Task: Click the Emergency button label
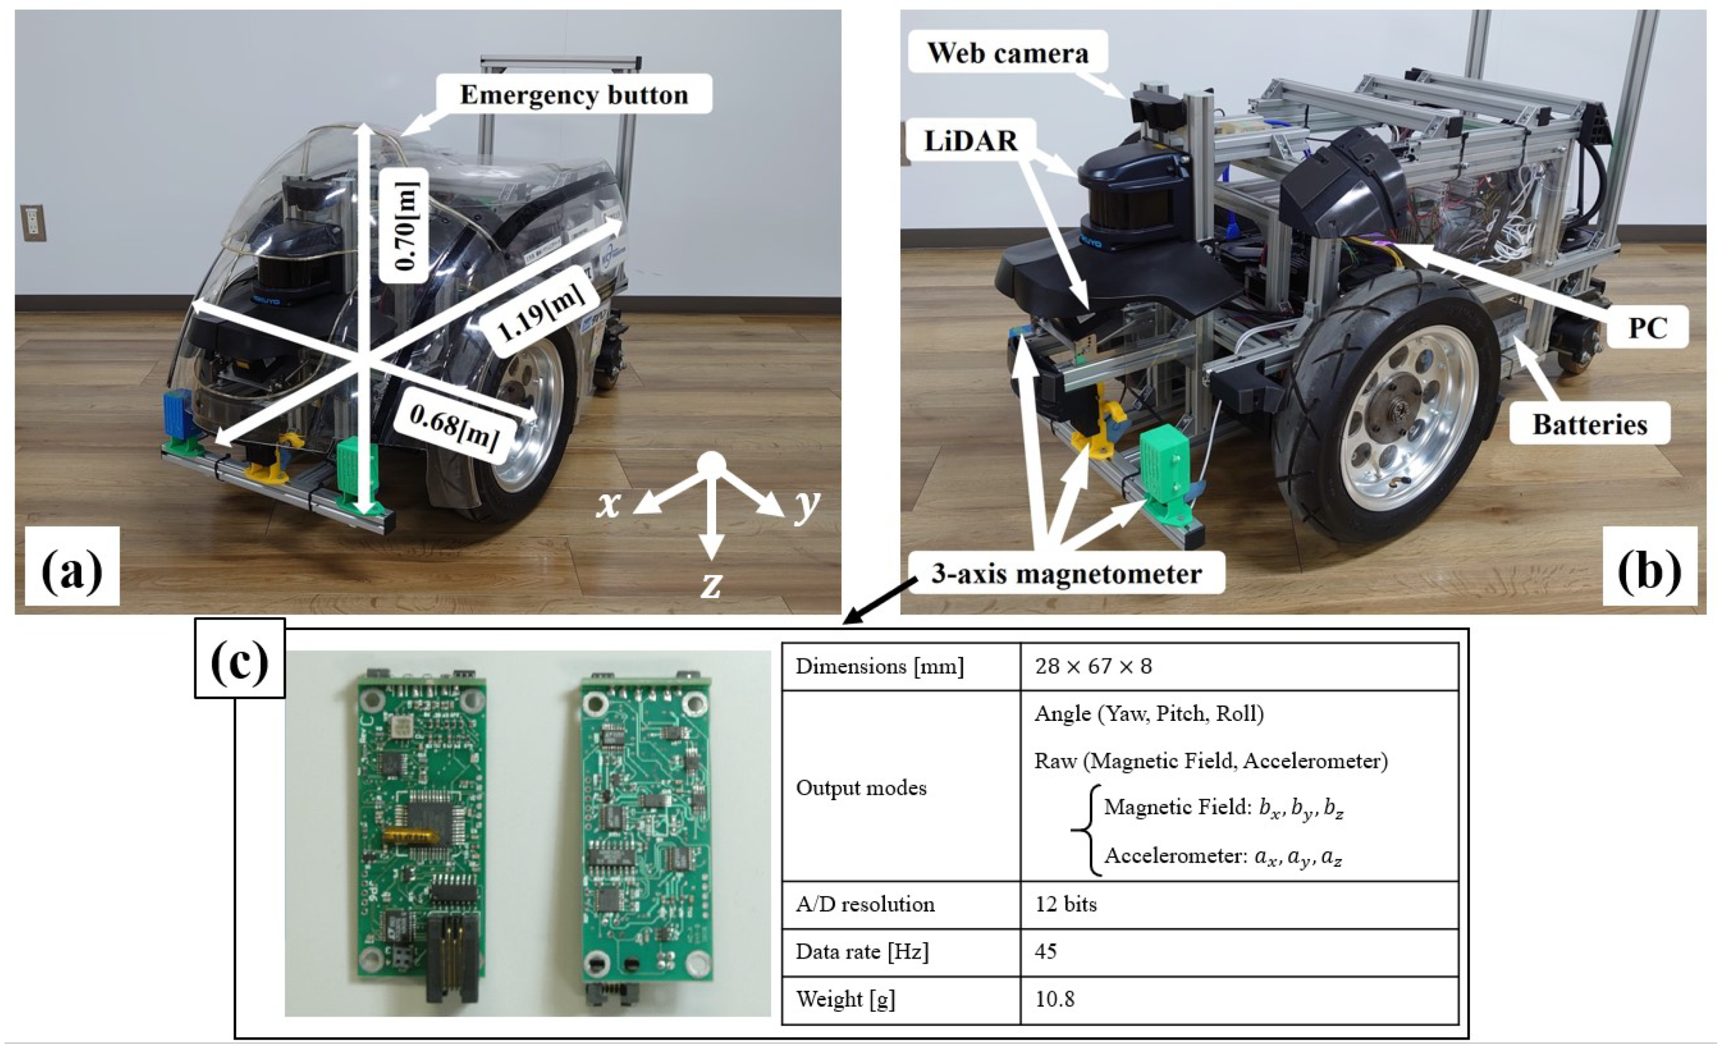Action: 573,95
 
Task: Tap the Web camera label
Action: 1007,53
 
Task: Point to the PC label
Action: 1648,327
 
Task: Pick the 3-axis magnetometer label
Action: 1066,574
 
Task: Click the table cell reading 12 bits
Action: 1066,904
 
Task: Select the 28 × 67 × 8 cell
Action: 1093,666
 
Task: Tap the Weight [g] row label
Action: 845,999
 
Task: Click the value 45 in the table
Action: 1046,951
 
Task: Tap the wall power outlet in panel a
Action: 32,222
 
